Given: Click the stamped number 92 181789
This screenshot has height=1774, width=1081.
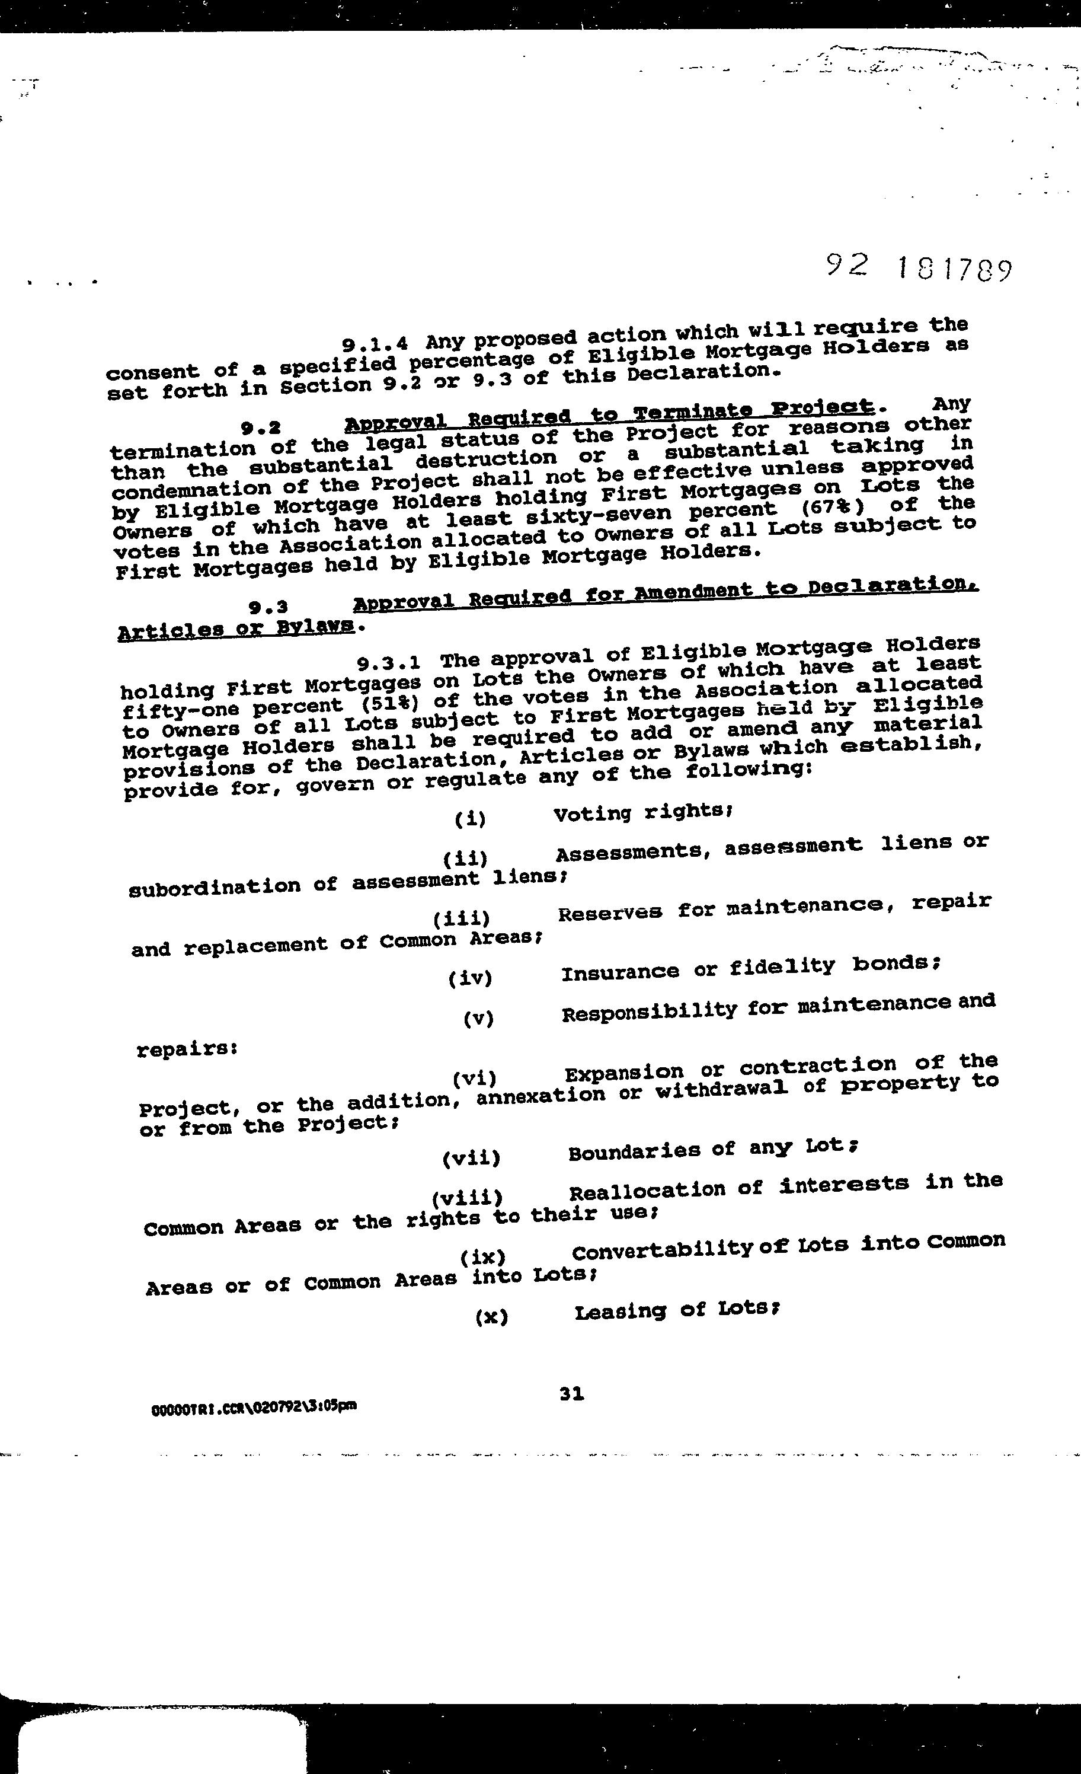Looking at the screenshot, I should pyautogui.click(x=919, y=269).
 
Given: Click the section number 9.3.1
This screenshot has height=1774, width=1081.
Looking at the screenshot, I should pyautogui.click(x=389, y=661).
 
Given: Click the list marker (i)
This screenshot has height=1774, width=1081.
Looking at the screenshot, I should pyautogui.click(x=470, y=819).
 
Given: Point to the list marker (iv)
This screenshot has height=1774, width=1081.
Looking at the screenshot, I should pyautogui.click(x=469, y=978).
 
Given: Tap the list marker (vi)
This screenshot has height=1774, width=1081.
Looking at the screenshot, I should pyautogui.click(x=474, y=1079).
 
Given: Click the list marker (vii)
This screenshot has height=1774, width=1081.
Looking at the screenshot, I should pyautogui.click(x=471, y=1159).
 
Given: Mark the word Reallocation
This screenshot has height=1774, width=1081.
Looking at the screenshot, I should pyautogui.click(x=647, y=1190).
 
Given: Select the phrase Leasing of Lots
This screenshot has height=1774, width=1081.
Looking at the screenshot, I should pyautogui.click(x=676, y=1310).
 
